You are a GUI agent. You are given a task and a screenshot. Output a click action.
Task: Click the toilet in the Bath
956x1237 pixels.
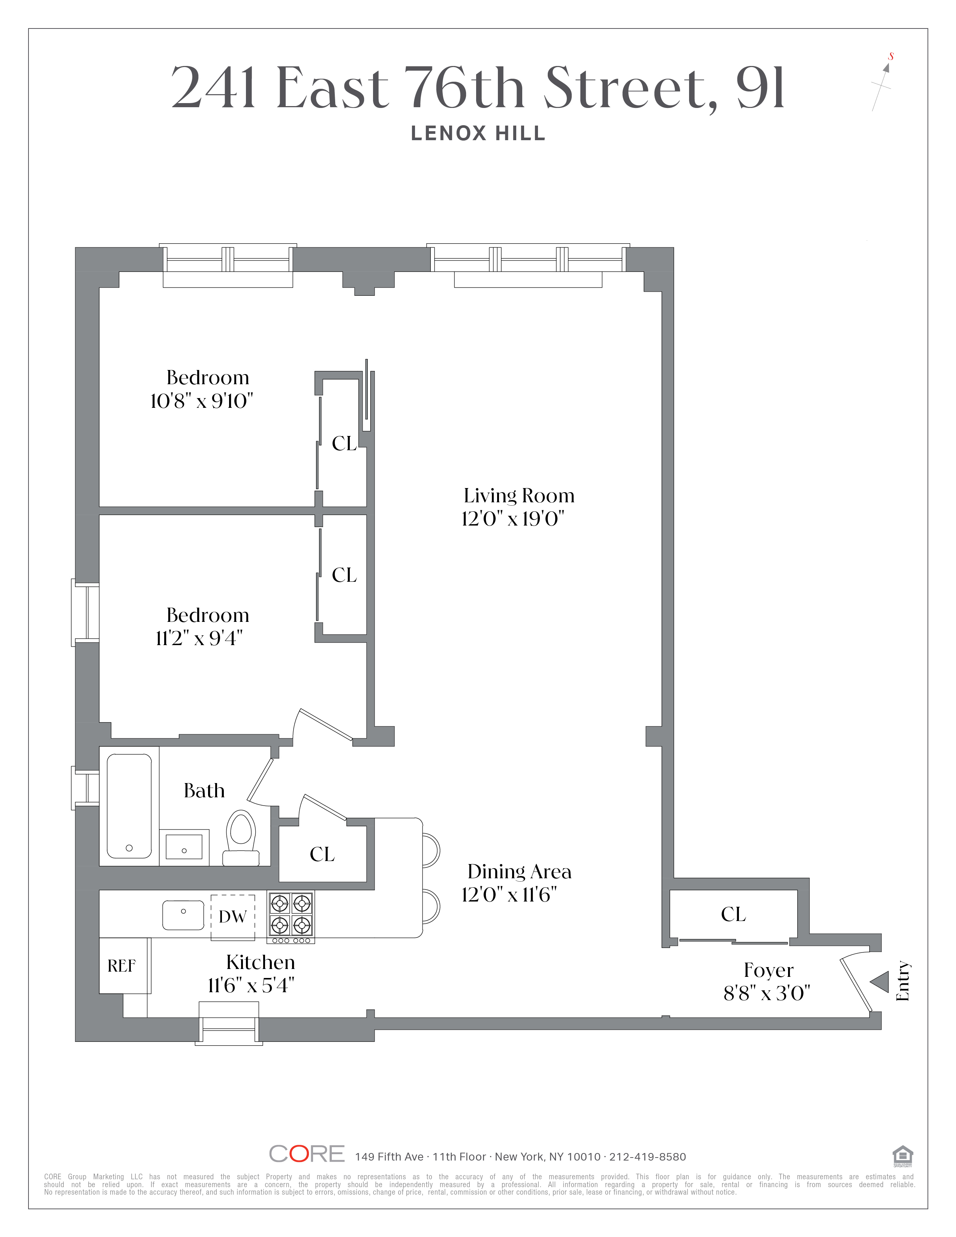coord(241,838)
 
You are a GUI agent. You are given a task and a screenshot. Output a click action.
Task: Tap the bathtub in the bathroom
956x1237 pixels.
coord(129,806)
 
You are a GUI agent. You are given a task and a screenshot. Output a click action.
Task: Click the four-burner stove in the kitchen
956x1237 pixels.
coord(291,914)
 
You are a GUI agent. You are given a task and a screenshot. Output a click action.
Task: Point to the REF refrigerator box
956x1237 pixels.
coord(122,966)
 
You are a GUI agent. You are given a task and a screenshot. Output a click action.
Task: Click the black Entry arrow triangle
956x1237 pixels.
coord(880,982)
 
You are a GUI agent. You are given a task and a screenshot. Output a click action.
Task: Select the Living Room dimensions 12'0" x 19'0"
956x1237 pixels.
coord(513,519)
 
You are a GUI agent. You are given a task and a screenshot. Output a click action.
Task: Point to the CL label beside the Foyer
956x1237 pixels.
coord(733,914)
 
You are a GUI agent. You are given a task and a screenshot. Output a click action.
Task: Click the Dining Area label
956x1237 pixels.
coord(519,871)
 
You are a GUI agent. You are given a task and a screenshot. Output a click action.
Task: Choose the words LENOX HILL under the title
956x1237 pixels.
coord(478,134)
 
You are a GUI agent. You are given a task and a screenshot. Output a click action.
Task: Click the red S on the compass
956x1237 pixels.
coord(891,56)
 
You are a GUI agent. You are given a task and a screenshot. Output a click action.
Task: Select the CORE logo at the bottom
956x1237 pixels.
coord(306,1154)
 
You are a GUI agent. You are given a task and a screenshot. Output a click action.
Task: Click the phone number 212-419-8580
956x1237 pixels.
coord(647,1156)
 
